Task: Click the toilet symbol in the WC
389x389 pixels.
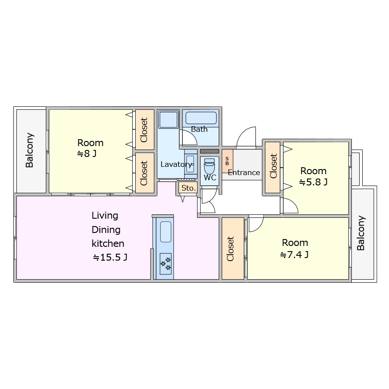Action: [x=209, y=166]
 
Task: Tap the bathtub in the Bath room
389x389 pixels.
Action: [x=201, y=118]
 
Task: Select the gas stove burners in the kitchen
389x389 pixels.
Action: [x=166, y=264]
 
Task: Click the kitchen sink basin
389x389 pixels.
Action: [x=166, y=232]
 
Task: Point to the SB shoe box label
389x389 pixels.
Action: [x=227, y=161]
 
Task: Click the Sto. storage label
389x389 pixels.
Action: [x=188, y=188]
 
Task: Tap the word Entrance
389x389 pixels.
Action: [x=244, y=172]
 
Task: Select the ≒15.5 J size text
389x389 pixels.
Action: [x=110, y=257]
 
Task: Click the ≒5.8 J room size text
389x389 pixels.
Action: [x=313, y=182]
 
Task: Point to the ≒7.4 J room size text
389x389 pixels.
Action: [x=294, y=255]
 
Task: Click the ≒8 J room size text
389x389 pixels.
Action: [x=87, y=153]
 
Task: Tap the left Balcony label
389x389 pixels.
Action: [x=29, y=150]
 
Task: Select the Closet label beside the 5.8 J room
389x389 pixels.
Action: [x=273, y=166]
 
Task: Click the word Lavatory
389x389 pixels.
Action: [x=176, y=164]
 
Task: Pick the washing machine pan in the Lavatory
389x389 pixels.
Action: [x=169, y=120]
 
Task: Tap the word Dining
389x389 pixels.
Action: [x=106, y=230]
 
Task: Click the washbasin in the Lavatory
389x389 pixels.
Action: [x=191, y=165]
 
